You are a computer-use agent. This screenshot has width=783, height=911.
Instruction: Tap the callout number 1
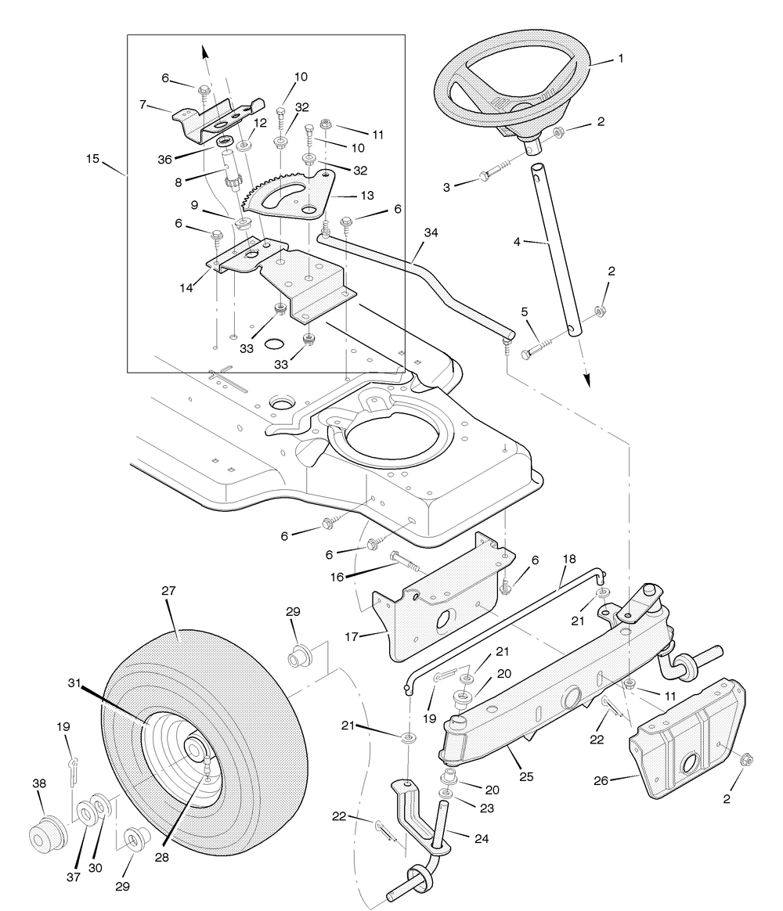coord(621,58)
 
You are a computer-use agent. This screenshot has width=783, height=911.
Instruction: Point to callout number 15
coord(92,159)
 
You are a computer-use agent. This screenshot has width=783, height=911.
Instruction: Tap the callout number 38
coord(39,783)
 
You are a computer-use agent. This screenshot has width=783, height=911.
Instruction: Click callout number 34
coord(431,232)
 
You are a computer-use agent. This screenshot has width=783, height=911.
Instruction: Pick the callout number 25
coord(526,777)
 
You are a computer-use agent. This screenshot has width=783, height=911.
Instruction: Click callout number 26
coord(601,781)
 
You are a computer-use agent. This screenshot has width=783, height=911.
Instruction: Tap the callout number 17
coord(351,637)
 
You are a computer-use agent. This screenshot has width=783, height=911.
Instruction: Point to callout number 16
coord(337,577)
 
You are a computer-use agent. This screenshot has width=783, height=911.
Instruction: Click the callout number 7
coord(143,105)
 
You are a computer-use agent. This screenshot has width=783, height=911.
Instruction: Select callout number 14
coord(186,287)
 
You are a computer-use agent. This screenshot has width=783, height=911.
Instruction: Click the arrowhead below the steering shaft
coord(587,380)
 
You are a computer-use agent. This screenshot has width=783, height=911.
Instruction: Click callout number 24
coord(482,838)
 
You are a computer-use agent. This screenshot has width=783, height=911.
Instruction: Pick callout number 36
coord(164,159)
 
